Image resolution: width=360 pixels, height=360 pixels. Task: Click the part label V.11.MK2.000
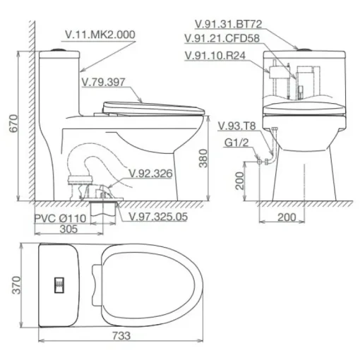click(100, 35)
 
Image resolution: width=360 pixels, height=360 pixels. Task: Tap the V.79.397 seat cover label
click(103, 82)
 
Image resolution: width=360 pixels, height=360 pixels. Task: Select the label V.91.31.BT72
click(229, 24)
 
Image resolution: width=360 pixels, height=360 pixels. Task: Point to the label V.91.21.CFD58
click(222, 38)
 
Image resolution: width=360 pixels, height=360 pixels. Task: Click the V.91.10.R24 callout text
click(215, 56)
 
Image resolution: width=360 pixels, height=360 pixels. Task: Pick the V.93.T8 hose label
click(236, 126)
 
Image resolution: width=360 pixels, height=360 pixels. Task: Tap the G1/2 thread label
click(236, 143)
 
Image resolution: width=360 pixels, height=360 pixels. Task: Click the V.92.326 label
click(150, 174)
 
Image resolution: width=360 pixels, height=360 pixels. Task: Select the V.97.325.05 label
click(158, 217)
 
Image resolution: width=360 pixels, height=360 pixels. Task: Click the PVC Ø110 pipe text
click(60, 219)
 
